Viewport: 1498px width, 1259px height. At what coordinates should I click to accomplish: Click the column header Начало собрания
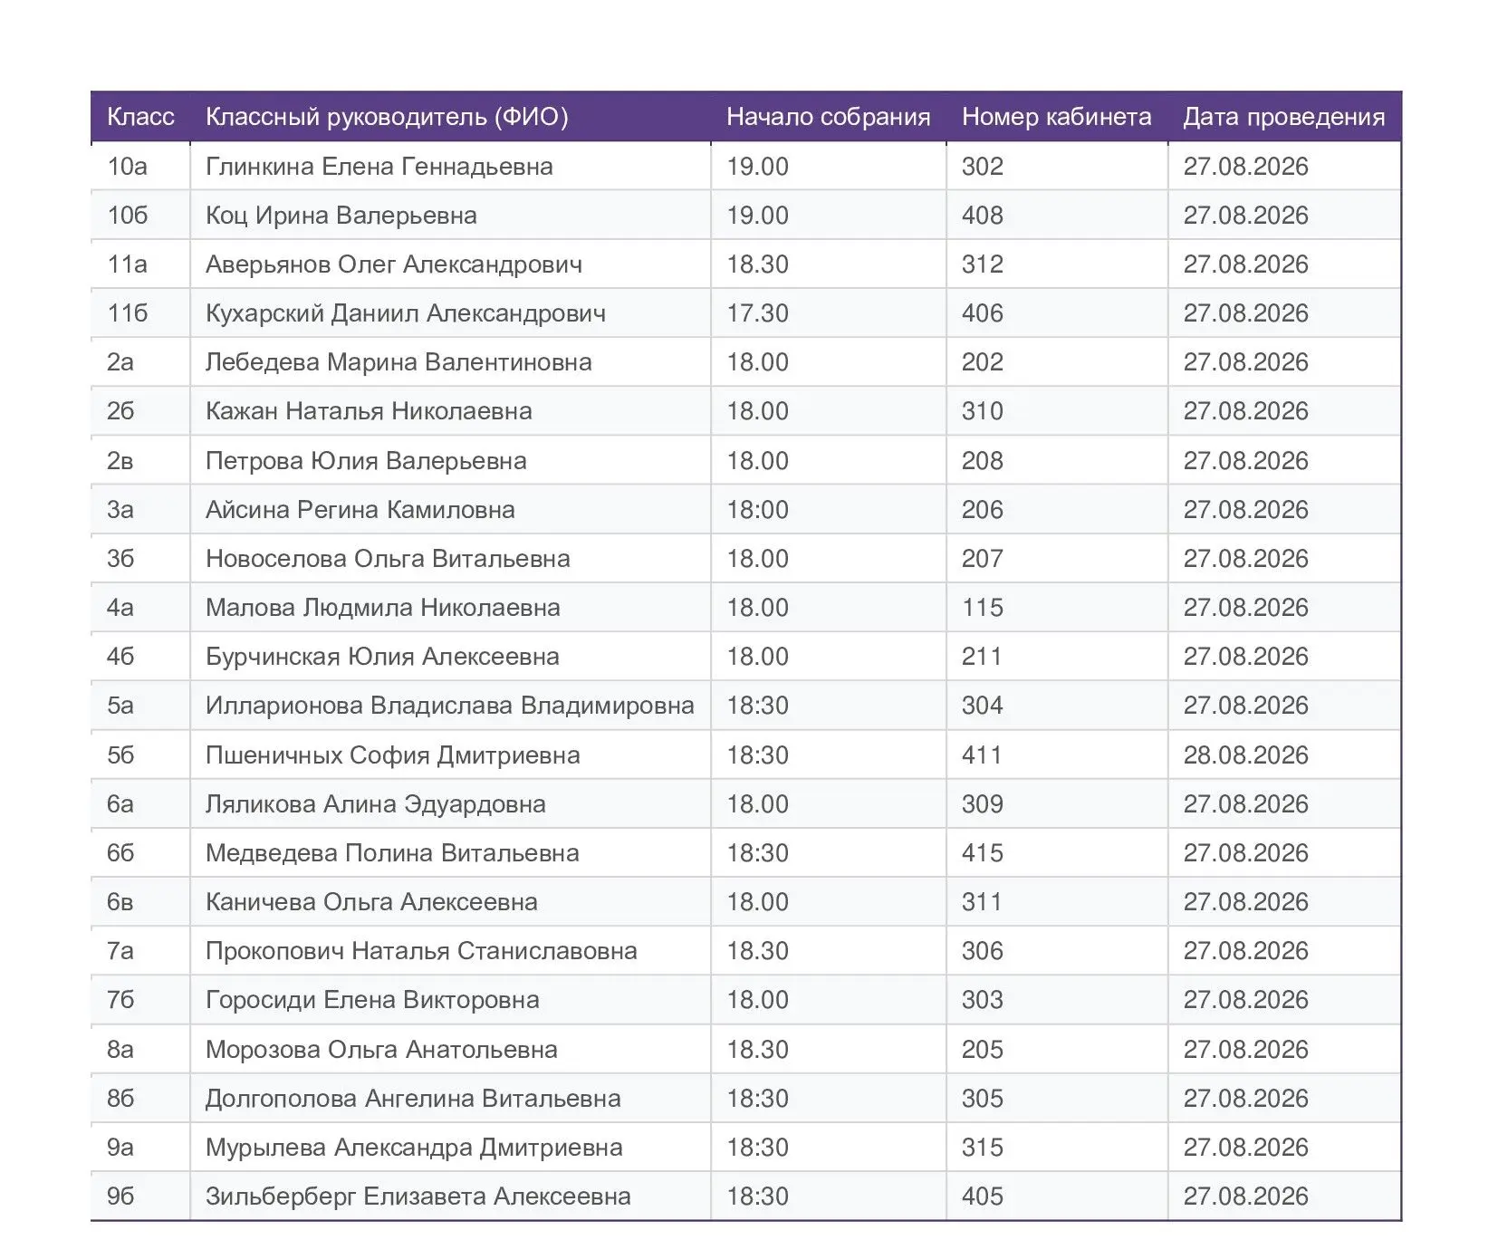coord(828,117)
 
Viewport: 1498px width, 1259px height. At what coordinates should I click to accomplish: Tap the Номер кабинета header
coord(1056,117)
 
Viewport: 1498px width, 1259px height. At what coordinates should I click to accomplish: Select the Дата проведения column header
coord(1283,117)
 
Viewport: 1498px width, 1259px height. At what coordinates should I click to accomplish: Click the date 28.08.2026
coord(1245,755)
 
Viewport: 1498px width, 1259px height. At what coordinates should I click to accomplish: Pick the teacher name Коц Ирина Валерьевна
coord(341,216)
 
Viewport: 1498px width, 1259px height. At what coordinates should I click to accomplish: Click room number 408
coord(982,216)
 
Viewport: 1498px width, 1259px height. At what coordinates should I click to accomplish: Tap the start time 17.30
coord(757,313)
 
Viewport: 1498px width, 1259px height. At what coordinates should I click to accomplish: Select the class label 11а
coord(127,264)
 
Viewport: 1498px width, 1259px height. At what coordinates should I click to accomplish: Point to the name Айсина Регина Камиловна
coord(360,510)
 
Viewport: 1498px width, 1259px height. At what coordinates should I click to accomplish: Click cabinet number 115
coord(982,608)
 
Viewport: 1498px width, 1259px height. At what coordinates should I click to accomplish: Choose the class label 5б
coord(120,755)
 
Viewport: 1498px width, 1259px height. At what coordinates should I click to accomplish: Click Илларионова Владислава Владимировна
coord(449,706)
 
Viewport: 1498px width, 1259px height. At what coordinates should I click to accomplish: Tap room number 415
coord(982,853)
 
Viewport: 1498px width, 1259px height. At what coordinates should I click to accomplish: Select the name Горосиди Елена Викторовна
coord(372,1000)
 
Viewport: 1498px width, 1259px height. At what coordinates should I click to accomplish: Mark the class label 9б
coord(120,1197)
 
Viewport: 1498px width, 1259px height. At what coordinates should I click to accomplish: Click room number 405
coord(982,1197)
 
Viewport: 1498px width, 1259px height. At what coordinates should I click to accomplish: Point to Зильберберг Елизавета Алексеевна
coord(418,1197)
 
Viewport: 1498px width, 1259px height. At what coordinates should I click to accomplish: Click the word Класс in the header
coord(140,117)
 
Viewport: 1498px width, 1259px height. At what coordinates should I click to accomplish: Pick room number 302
coord(982,167)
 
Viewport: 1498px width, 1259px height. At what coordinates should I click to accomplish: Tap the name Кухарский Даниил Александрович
coord(405,313)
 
